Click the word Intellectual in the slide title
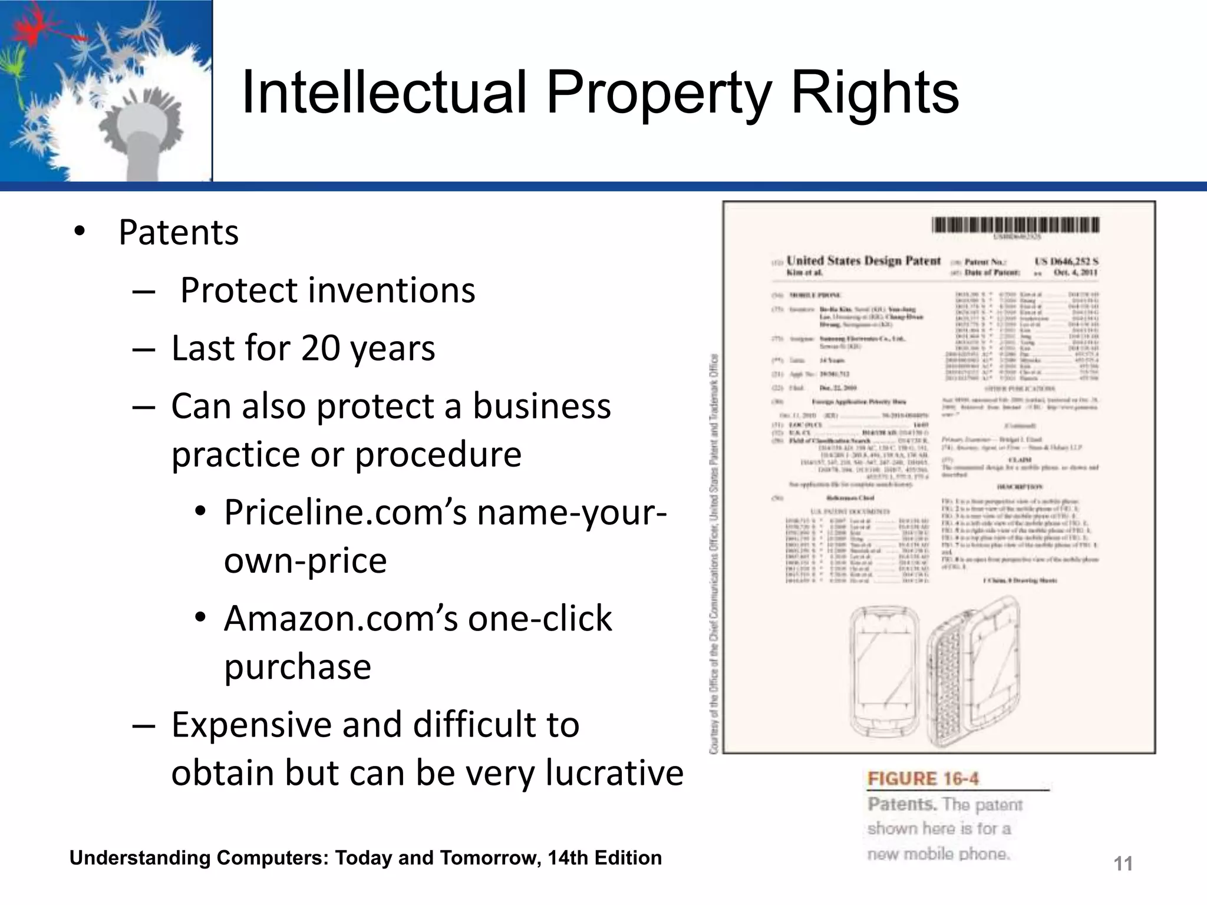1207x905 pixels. pos(383,93)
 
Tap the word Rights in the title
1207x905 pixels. pos(875,93)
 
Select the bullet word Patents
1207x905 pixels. pos(179,232)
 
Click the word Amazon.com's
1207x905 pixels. pos(341,619)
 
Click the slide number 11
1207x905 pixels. pos(1123,864)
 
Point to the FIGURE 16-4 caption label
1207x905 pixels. pos(923,779)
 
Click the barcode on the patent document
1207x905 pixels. pos(1015,225)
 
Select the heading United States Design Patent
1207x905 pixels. pos(863,261)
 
